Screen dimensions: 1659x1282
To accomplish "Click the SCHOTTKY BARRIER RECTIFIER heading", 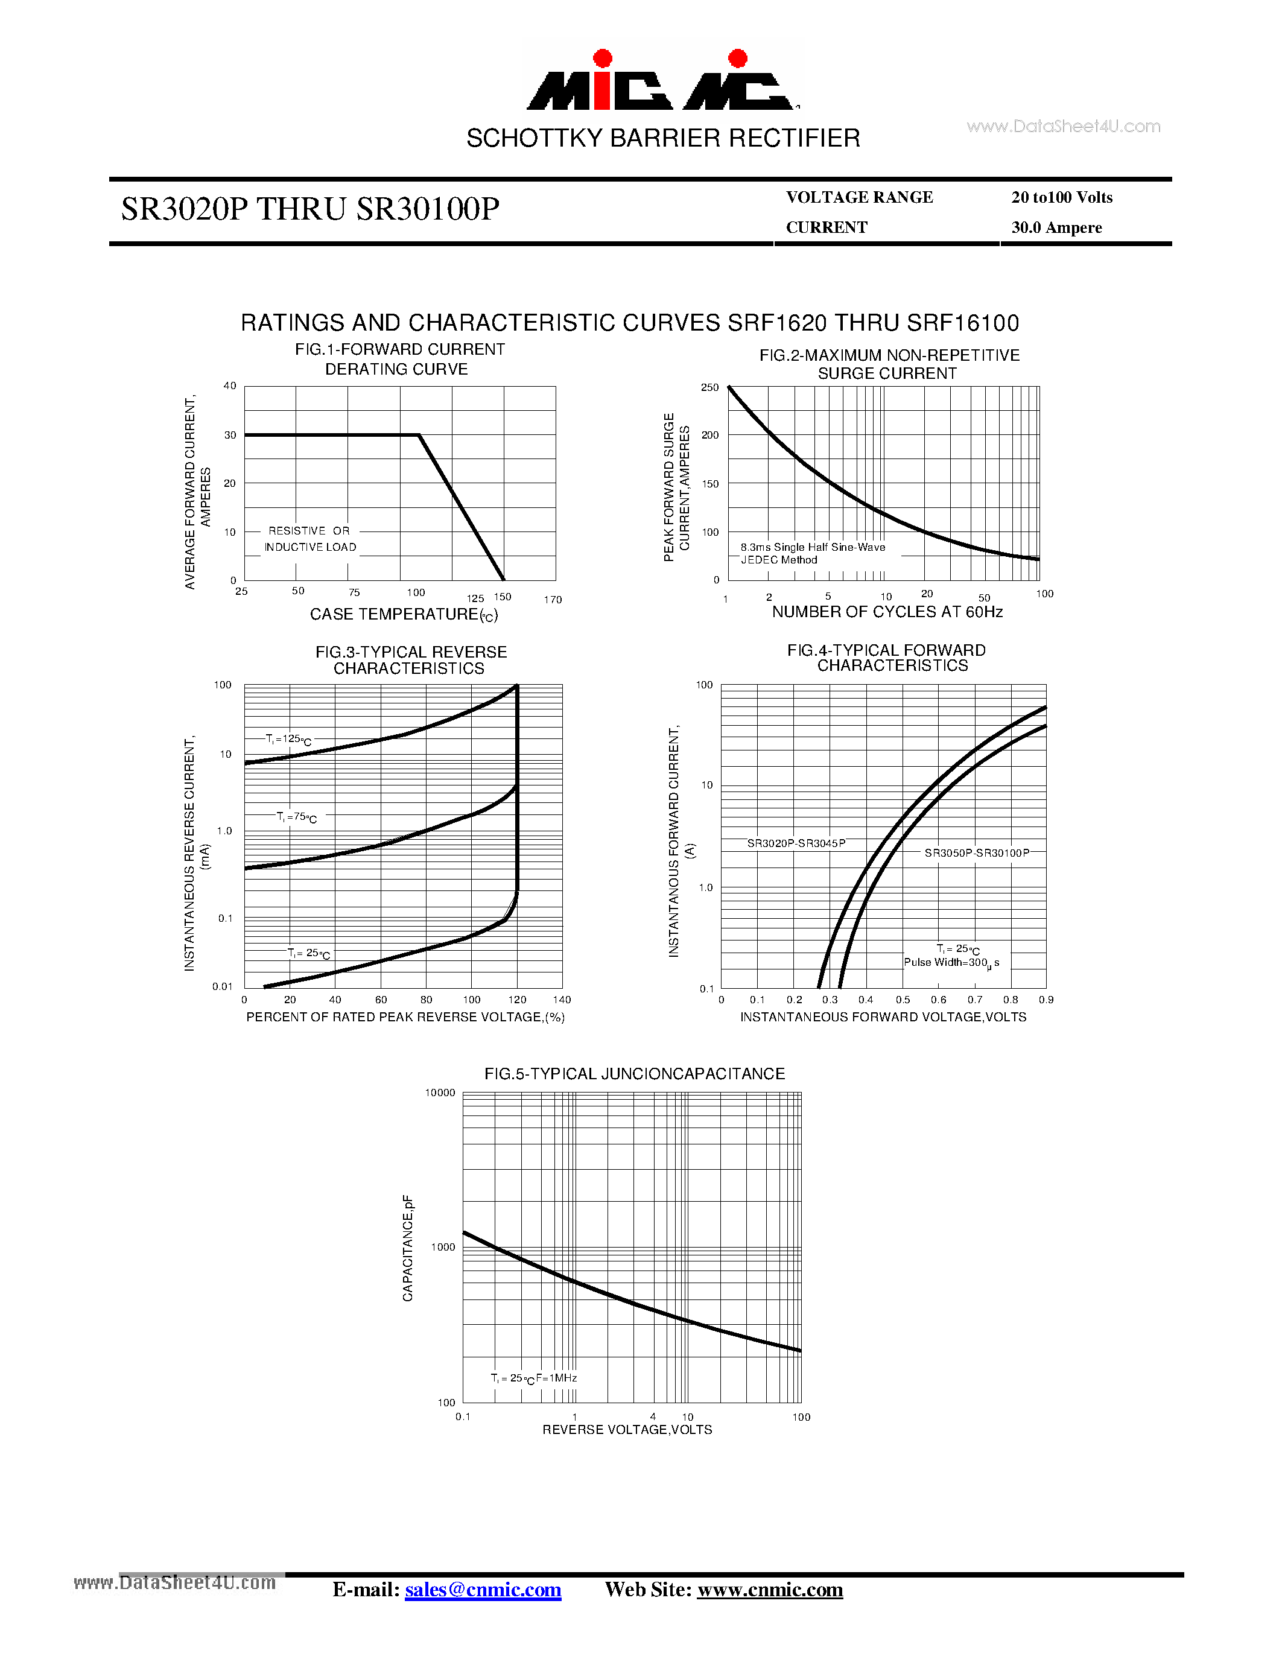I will coord(663,138).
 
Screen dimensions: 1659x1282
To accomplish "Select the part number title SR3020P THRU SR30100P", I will coord(310,209).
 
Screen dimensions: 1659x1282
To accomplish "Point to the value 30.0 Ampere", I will coord(1056,228).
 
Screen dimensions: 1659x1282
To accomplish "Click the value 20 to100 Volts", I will coord(1061,197).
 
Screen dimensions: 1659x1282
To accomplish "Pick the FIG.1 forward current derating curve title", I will coord(399,360).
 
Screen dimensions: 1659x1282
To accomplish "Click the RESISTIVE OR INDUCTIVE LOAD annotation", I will coord(310,539).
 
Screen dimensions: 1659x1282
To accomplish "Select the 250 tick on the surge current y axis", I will coord(709,387).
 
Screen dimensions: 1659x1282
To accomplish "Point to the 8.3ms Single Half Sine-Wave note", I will coord(813,547).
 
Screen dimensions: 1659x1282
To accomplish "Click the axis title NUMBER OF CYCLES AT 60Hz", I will coord(886,612).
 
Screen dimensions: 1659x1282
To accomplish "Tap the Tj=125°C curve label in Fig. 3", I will coord(288,739).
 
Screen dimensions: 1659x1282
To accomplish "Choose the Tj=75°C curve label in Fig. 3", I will coord(297,817).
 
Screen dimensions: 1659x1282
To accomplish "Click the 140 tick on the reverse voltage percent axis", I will coord(562,1000).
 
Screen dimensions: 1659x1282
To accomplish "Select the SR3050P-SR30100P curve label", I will coord(977,853).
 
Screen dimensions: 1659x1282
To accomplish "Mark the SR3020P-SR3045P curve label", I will coord(796,843).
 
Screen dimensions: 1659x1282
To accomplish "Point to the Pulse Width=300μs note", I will coord(951,962).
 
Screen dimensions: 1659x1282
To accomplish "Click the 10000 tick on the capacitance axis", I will coord(440,1093).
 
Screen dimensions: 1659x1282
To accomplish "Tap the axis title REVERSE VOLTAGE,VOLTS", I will coord(627,1430).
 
